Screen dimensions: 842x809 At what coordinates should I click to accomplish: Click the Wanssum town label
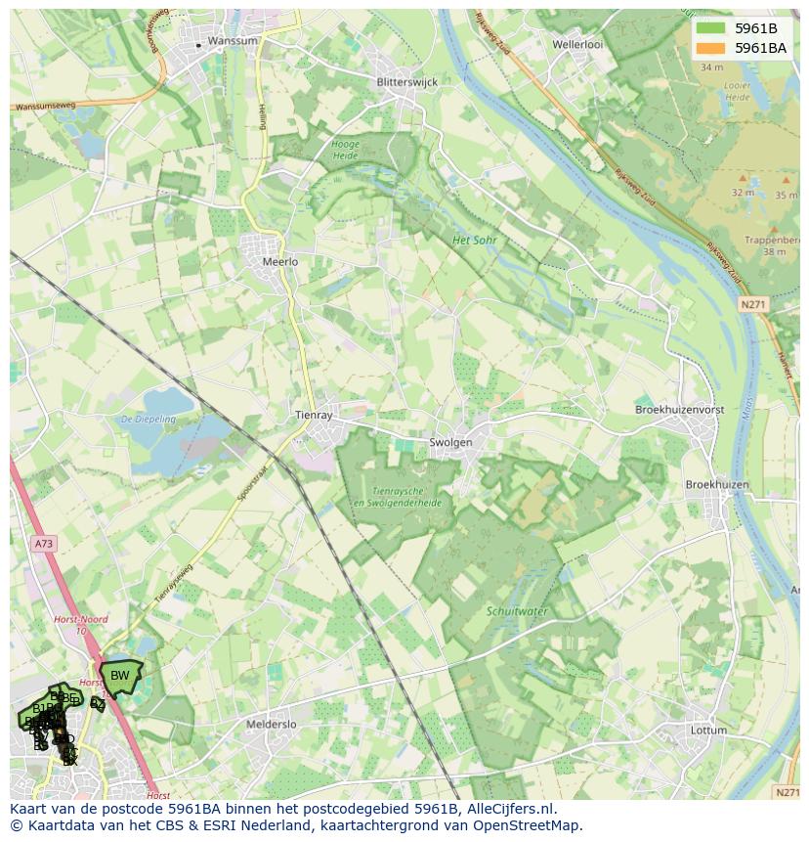click(x=233, y=41)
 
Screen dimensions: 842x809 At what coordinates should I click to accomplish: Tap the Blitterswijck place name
click(x=406, y=82)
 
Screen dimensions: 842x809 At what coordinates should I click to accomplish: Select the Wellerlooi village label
click(x=577, y=44)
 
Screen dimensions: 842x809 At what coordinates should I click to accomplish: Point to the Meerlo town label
click(x=280, y=262)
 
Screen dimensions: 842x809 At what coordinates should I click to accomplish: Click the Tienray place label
click(x=314, y=415)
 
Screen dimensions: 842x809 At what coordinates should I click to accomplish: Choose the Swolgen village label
click(x=450, y=442)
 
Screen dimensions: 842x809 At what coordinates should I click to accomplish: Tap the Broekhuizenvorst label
click(x=679, y=410)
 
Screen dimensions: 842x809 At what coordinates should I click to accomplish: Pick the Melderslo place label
click(x=272, y=725)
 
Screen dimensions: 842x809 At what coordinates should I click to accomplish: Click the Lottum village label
click(x=707, y=730)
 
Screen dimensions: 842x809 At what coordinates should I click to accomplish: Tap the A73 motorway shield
click(x=43, y=543)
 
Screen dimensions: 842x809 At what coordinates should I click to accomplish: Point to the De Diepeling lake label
click(x=149, y=419)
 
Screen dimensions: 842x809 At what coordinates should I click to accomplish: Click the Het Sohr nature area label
click(x=475, y=240)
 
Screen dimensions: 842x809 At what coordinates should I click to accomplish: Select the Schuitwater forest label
click(x=517, y=611)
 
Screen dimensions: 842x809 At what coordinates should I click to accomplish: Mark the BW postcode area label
click(x=119, y=675)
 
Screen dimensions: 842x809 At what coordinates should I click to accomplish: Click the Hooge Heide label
click(x=346, y=150)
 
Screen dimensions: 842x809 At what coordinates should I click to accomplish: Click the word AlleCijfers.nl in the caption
click(x=508, y=809)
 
